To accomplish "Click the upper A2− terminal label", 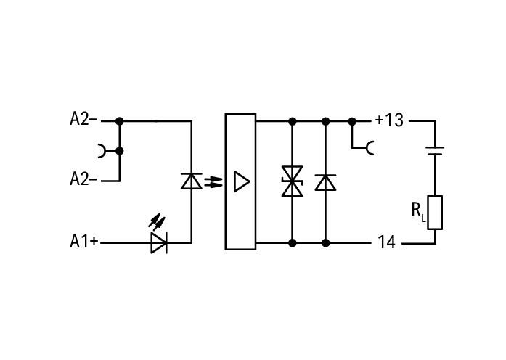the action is point(83,119).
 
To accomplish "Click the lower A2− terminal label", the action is point(83,179).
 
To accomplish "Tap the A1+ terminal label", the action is point(84,241).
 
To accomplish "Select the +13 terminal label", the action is point(390,120).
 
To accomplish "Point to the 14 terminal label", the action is point(386,242).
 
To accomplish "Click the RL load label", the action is point(419,211).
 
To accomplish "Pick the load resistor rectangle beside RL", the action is point(435,213).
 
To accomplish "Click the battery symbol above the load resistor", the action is point(435,151).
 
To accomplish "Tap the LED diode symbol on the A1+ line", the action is point(159,242).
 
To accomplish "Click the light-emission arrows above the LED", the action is point(157,221).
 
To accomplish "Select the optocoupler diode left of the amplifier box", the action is point(192,181).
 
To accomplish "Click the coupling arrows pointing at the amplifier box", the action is point(213,181).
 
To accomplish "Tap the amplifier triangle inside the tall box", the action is point(242,181).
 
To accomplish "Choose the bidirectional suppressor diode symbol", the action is point(293,181).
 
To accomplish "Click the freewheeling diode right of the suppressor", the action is point(326,182).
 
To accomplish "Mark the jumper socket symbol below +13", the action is point(370,148).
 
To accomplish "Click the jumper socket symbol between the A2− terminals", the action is point(102,151).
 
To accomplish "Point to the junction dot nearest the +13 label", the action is point(352,122).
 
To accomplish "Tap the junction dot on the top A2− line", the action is point(120,121).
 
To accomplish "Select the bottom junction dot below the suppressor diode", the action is point(293,243).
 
